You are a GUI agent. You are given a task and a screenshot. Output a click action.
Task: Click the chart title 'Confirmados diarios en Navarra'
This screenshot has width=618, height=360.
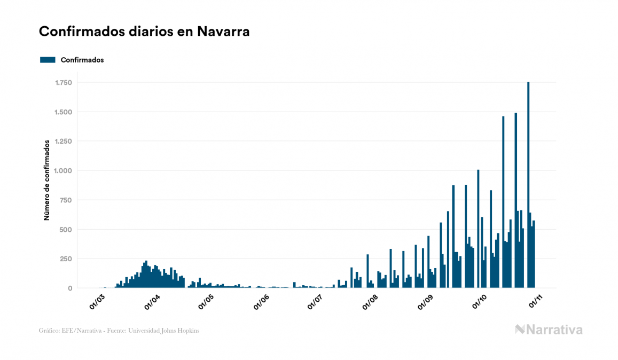click(144, 32)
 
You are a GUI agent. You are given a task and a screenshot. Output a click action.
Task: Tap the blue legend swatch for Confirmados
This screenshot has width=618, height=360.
click(48, 60)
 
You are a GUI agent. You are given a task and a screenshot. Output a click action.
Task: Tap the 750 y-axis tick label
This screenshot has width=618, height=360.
click(66, 200)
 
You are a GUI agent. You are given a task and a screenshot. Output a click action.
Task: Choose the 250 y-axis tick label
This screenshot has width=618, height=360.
click(66, 259)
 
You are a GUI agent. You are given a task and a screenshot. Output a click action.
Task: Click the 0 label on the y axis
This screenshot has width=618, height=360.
click(70, 288)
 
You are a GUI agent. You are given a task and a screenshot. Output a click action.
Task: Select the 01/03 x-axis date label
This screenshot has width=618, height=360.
click(97, 302)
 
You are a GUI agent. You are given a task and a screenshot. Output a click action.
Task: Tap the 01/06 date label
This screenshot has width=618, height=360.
click(261, 302)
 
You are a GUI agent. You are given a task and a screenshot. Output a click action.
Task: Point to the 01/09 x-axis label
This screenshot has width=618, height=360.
click(425, 302)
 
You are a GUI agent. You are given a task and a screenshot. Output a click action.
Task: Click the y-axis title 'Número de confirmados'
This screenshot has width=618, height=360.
click(47, 180)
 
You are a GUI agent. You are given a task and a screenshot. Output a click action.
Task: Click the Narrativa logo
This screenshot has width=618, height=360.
click(549, 330)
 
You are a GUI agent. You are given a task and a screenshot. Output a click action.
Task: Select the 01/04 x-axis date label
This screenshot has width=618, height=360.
click(152, 302)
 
